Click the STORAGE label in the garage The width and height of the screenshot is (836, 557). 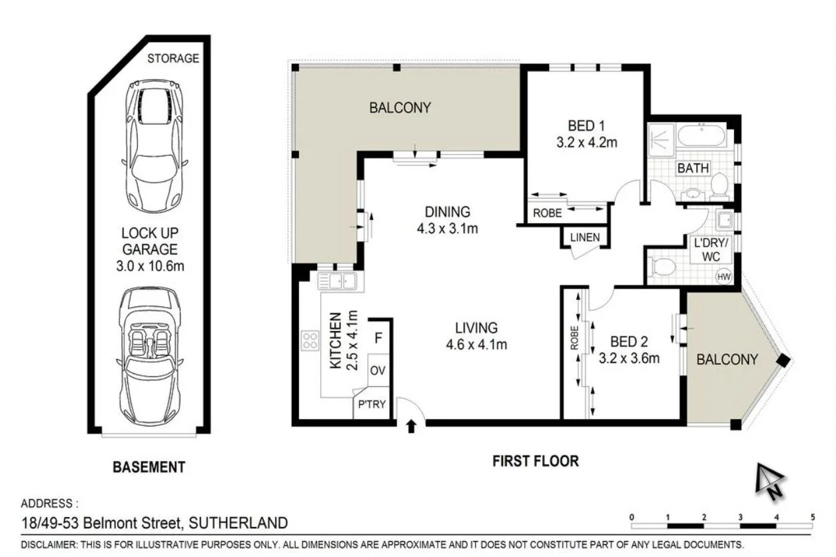tap(173, 59)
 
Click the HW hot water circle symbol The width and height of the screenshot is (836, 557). tap(722, 277)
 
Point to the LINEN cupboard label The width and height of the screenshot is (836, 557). tap(584, 237)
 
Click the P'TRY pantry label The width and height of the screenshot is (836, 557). tap(371, 404)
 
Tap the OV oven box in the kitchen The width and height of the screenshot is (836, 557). tap(378, 370)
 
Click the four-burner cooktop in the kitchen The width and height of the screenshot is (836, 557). tap(310, 341)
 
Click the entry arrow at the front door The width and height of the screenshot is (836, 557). tap(411, 426)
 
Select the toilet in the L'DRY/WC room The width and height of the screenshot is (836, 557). tap(663, 269)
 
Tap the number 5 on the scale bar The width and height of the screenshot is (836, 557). tap(813, 517)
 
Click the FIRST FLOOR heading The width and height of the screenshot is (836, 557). tap(535, 460)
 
